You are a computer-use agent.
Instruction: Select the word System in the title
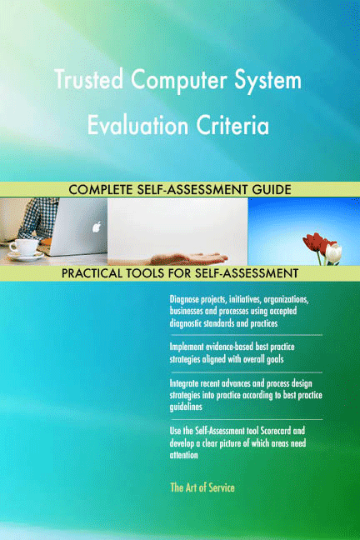tap(268, 82)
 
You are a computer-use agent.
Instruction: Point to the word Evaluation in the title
tap(134, 127)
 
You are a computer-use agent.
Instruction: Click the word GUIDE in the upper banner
tap(269, 190)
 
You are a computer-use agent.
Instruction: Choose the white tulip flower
tap(333, 249)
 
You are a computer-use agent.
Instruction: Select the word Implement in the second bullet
tap(189, 346)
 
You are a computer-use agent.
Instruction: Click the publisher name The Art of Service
tap(202, 487)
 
